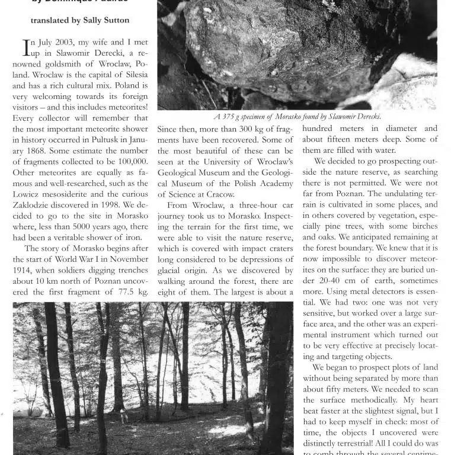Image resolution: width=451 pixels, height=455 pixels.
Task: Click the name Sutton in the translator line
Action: pos(113,20)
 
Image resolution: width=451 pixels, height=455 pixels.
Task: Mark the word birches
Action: pos(421,226)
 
